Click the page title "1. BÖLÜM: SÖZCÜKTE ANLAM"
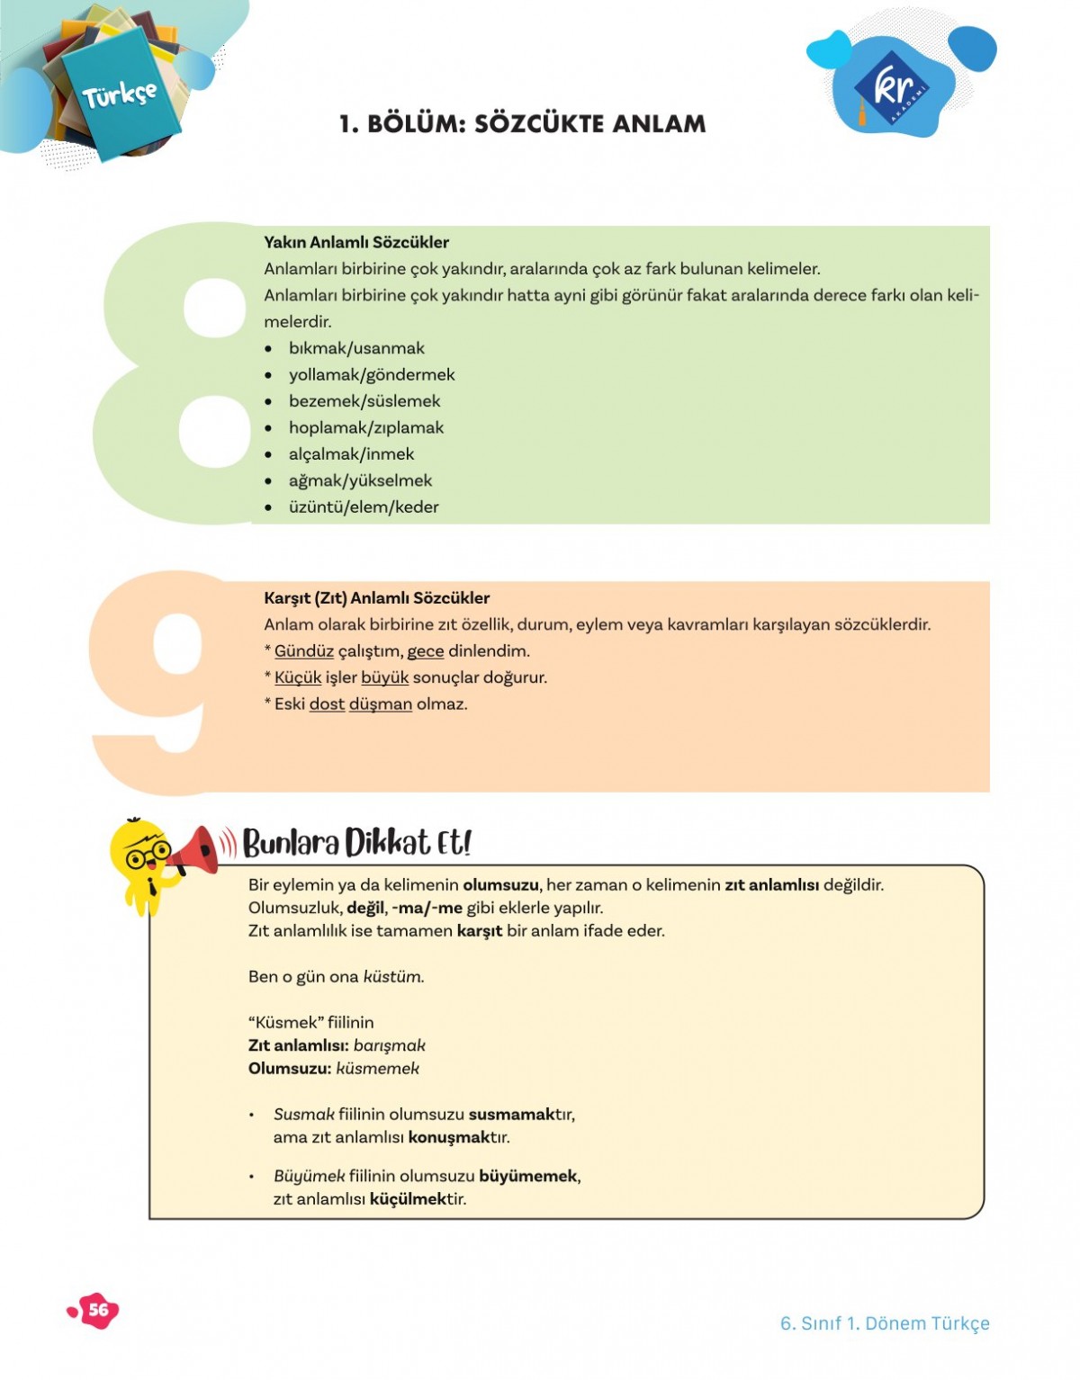522,123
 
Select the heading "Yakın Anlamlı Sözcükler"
356,242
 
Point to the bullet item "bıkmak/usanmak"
356,348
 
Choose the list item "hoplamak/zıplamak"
365,427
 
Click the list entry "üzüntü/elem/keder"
364,507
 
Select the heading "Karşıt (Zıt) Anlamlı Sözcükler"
376,598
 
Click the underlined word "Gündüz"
303,651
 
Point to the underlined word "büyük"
384,677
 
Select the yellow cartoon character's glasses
148,854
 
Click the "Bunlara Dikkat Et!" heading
356,843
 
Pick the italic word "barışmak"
389,1045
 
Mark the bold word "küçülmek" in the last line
408,1199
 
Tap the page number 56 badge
97,1310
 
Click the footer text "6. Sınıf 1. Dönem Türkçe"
884,1323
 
